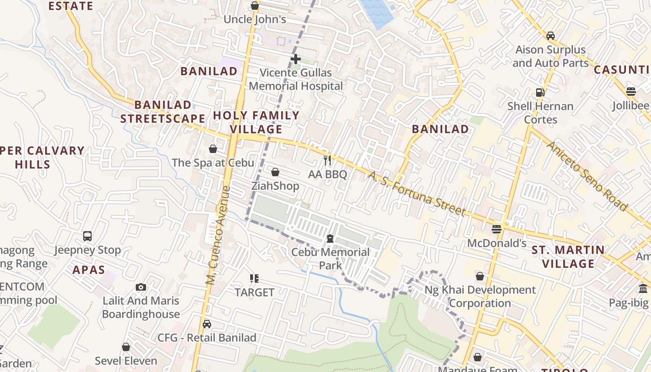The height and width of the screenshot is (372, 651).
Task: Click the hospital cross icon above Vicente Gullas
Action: coord(295,59)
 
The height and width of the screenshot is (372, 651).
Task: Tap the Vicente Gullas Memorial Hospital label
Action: coord(296,80)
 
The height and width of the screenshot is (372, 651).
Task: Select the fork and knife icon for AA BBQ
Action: coord(328,161)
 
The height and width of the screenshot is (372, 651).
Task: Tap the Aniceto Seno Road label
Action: coord(586,175)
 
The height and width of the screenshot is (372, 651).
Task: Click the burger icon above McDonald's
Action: coord(497,229)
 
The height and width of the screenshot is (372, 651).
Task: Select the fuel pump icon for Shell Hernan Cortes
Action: coord(540,92)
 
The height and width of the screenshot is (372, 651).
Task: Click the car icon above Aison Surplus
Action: coord(551,36)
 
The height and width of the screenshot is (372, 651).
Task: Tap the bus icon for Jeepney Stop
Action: coord(87,236)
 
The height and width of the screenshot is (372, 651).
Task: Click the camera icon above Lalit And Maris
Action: coord(141,287)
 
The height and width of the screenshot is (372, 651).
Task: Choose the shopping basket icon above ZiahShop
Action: coord(275,173)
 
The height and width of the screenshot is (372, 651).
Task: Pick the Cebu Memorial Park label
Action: coord(330,259)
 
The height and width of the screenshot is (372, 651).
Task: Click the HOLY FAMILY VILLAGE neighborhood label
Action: coord(256,122)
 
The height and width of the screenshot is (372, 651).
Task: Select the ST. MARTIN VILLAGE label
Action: coord(569,257)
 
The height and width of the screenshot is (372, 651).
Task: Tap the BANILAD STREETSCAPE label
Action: coord(163,112)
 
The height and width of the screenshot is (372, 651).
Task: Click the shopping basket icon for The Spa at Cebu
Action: coord(213,149)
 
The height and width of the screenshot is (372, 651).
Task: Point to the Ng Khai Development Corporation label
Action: coord(480,297)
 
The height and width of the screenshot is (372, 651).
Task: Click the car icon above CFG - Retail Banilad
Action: coord(207,324)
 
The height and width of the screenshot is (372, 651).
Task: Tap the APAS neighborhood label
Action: coord(88,270)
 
